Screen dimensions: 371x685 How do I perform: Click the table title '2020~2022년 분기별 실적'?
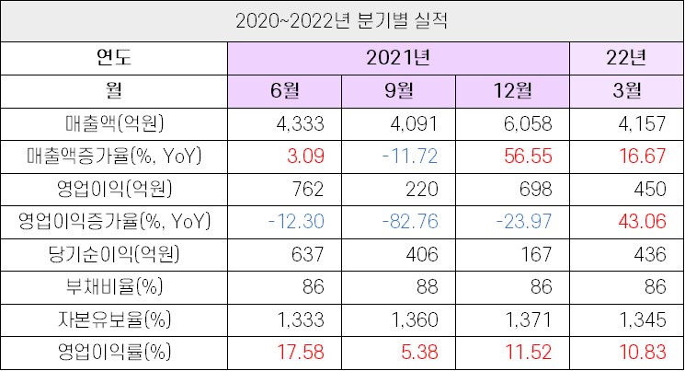pyautogui.click(x=342, y=19)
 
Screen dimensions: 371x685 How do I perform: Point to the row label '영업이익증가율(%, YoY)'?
pyautogui.click(x=114, y=222)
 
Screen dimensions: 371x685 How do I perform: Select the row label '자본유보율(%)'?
pyautogui.click(x=114, y=319)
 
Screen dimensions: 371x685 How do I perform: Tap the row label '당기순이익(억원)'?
pyautogui.click(x=114, y=254)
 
